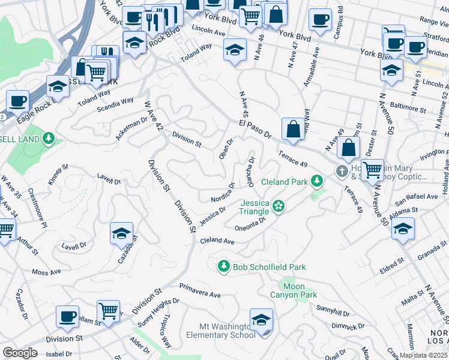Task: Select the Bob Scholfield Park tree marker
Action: pyautogui.click(x=223, y=266)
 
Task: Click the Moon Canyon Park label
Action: pyautogui.click(x=300, y=290)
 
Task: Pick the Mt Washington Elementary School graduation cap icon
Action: pyautogui.click(x=261, y=320)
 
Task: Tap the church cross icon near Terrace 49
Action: pyautogui.click(x=342, y=172)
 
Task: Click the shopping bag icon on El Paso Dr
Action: pyautogui.click(x=292, y=129)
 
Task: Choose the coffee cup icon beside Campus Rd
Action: pyautogui.click(x=320, y=19)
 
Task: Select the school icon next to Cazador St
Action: pyautogui.click(x=121, y=235)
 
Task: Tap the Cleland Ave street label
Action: pyautogui.click(x=217, y=240)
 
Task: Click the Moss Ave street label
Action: pyautogui.click(x=47, y=272)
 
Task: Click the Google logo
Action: pyautogui.click(x=20, y=353)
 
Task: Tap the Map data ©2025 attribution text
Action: pyautogui.click(x=423, y=355)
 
